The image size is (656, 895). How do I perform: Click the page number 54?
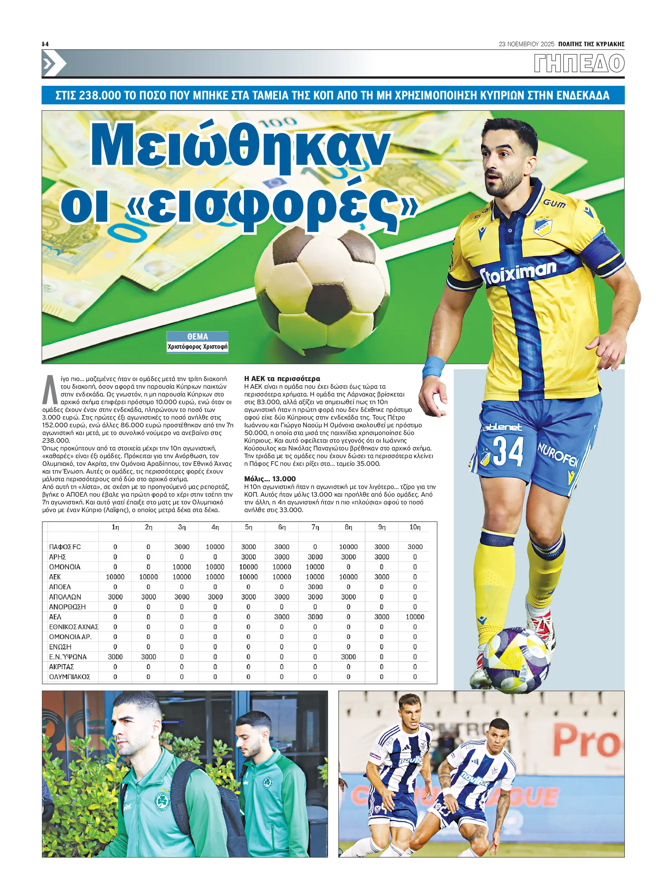[x=45, y=44]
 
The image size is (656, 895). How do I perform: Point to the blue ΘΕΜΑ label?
[x=197, y=337]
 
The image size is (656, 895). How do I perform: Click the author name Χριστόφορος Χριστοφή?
[x=197, y=347]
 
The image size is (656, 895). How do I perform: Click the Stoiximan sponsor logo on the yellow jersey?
[x=518, y=272]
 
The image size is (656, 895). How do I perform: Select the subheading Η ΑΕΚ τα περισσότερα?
[x=282, y=378]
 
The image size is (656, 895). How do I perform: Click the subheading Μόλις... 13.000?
[x=270, y=479]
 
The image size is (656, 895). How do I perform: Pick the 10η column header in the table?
[x=415, y=527]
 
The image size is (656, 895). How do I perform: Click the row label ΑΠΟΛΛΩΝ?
[x=65, y=597]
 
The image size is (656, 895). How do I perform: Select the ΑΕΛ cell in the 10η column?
[x=415, y=617]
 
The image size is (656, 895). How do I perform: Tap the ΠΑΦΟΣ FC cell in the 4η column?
[x=215, y=547]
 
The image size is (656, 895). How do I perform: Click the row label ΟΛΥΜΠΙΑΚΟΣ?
[x=69, y=677]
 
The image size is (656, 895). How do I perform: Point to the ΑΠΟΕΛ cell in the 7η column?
[x=315, y=587]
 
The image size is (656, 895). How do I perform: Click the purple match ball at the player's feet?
[x=518, y=660]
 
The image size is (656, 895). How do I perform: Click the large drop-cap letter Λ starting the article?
[x=50, y=389]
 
